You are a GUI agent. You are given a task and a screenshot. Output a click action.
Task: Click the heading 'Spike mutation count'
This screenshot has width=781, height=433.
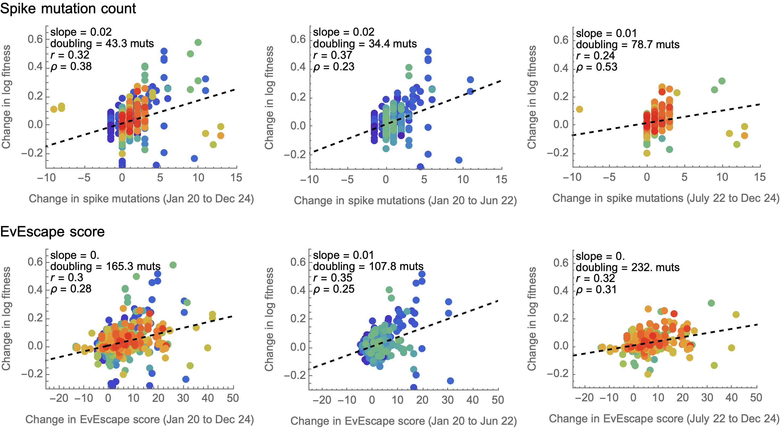[x=68, y=9]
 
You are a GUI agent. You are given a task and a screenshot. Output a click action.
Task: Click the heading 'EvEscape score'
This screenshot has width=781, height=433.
[x=52, y=232]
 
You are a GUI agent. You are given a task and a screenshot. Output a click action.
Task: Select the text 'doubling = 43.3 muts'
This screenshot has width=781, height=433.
[x=102, y=44]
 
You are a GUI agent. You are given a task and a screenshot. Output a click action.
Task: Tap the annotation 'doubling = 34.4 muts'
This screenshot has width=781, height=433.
[x=365, y=44]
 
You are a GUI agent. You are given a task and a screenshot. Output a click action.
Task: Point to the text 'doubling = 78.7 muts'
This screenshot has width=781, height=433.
[x=628, y=44]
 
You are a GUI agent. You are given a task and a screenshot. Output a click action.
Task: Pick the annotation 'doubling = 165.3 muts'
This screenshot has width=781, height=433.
[x=105, y=267]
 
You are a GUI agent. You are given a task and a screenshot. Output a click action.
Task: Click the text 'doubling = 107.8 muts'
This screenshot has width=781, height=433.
[x=368, y=267]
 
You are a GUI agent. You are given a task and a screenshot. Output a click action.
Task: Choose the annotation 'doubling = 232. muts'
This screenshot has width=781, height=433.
[x=628, y=267]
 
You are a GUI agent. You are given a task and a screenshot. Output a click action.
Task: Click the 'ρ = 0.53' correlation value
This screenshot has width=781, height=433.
[x=596, y=67]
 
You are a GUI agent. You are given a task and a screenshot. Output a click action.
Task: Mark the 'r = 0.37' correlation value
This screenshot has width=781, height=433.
[x=332, y=55]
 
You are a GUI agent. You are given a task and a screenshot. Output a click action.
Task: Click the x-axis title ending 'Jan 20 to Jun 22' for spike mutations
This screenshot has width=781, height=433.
[x=405, y=201]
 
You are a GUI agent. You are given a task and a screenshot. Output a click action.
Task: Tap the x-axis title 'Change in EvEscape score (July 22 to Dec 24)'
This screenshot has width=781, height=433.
[x=664, y=419]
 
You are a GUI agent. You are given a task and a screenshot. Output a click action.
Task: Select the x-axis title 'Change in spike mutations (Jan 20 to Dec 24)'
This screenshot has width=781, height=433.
[x=141, y=199]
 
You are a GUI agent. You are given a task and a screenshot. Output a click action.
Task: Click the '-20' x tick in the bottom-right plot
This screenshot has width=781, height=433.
[x=584, y=398]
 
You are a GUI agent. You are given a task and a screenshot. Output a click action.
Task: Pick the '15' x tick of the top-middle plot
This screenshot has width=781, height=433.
[x=501, y=179]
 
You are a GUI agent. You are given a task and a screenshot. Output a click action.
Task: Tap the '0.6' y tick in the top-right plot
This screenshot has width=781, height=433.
[x=561, y=40]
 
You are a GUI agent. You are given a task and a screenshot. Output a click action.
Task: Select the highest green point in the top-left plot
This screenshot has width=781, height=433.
[x=198, y=42]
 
